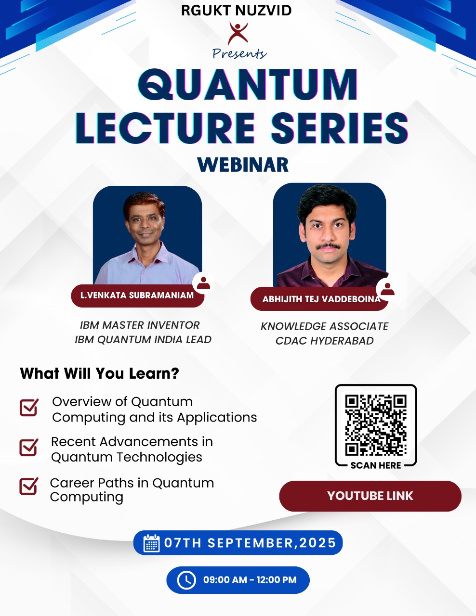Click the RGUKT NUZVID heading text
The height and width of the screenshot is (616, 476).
pyautogui.click(x=236, y=11)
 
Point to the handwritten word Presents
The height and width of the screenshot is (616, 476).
pyautogui.click(x=239, y=54)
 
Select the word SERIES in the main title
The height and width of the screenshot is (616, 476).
pyautogui.click(x=340, y=128)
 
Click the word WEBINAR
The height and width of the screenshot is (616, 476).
pyautogui.click(x=243, y=165)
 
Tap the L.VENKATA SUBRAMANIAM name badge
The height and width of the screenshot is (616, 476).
pyautogui.click(x=138, y=295)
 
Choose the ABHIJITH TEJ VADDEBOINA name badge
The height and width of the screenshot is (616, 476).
pyautogui.click(x=319, y=299)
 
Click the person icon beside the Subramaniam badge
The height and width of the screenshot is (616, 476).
pyautogui.click(x=203, y=283)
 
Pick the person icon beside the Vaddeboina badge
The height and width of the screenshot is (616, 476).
pyautogui.click(x=387, y=289)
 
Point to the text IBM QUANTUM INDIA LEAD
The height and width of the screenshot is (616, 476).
pyautogui.click(x=143, y=340)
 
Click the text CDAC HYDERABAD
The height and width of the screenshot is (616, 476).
pyautogui.click(x=325, y=341)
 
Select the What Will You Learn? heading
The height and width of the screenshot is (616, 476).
pyautogui.click(x=100, y=373)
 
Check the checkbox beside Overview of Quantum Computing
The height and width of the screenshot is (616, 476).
pyautogui.click(x=29, y=408)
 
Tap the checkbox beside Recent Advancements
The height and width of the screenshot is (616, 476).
pyautogui.click(x=28, y=448)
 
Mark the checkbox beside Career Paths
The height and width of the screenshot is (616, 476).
pyautogui.click(x=28, y=486)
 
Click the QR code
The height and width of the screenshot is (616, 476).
pyautogui.click(x=376, y=425)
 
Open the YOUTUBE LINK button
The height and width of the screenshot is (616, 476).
pyautogui.click(x=370, y=496)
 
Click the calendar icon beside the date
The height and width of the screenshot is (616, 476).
pyautogui.click(x=151, y=543)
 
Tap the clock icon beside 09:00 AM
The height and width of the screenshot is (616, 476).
pyautogui.click(x=186, y=580)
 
